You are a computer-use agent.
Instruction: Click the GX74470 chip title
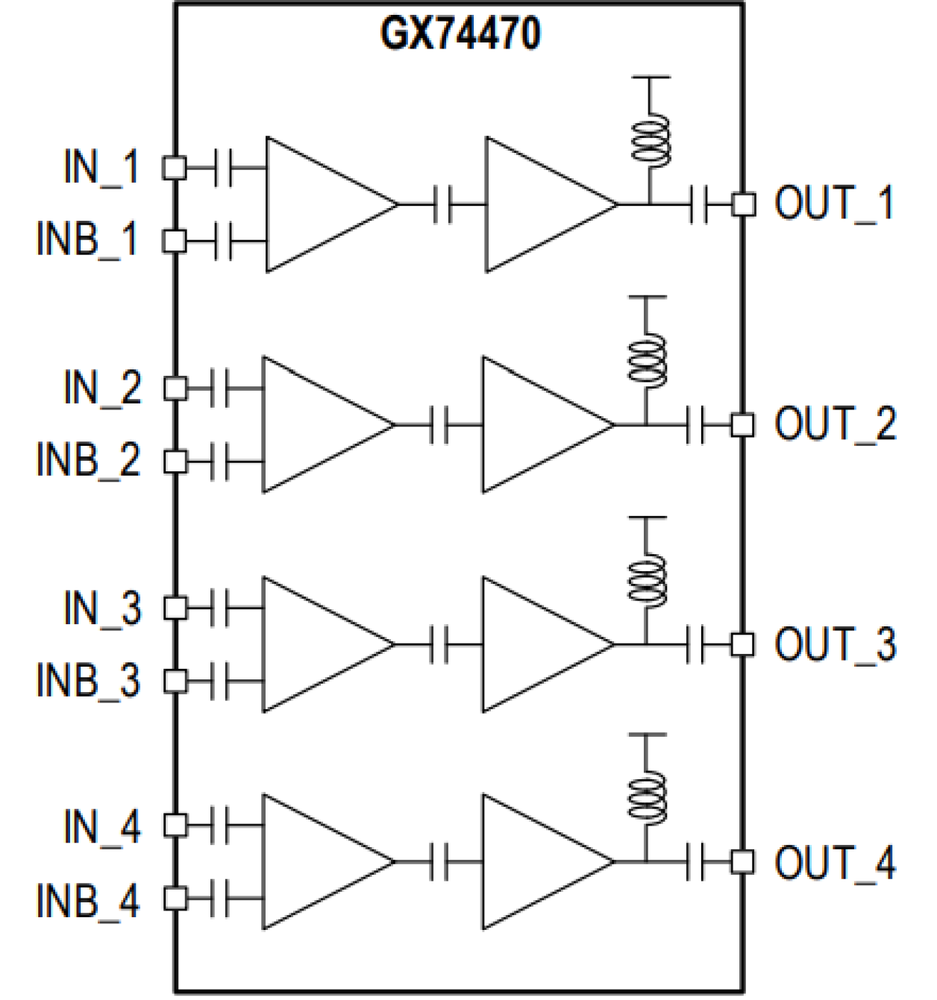tap(460, 34)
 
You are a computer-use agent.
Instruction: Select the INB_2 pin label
tap(88, 459)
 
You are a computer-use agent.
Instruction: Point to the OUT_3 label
tap(834, 644)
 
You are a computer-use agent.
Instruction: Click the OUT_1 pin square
tap(743, 204)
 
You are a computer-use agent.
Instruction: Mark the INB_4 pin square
tap(175, 898)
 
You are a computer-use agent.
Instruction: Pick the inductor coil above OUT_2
tap(646, 360)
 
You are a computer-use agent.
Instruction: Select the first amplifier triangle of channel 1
tap(321, 204)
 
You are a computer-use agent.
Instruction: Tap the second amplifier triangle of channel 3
tap(537, 644)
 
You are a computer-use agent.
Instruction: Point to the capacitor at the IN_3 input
tap(219, 609)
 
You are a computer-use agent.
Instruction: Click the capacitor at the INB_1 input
tap(223, 241)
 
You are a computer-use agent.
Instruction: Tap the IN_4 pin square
tap(175, 825)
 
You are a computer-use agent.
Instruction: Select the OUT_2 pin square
tap(741, 425)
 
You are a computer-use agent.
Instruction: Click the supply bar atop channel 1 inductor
tap(651, 77)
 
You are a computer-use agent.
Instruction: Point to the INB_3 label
tap(88, 680)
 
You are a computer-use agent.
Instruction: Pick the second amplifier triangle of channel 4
tap(537, 862)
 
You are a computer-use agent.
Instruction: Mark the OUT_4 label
tap(834, 862)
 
